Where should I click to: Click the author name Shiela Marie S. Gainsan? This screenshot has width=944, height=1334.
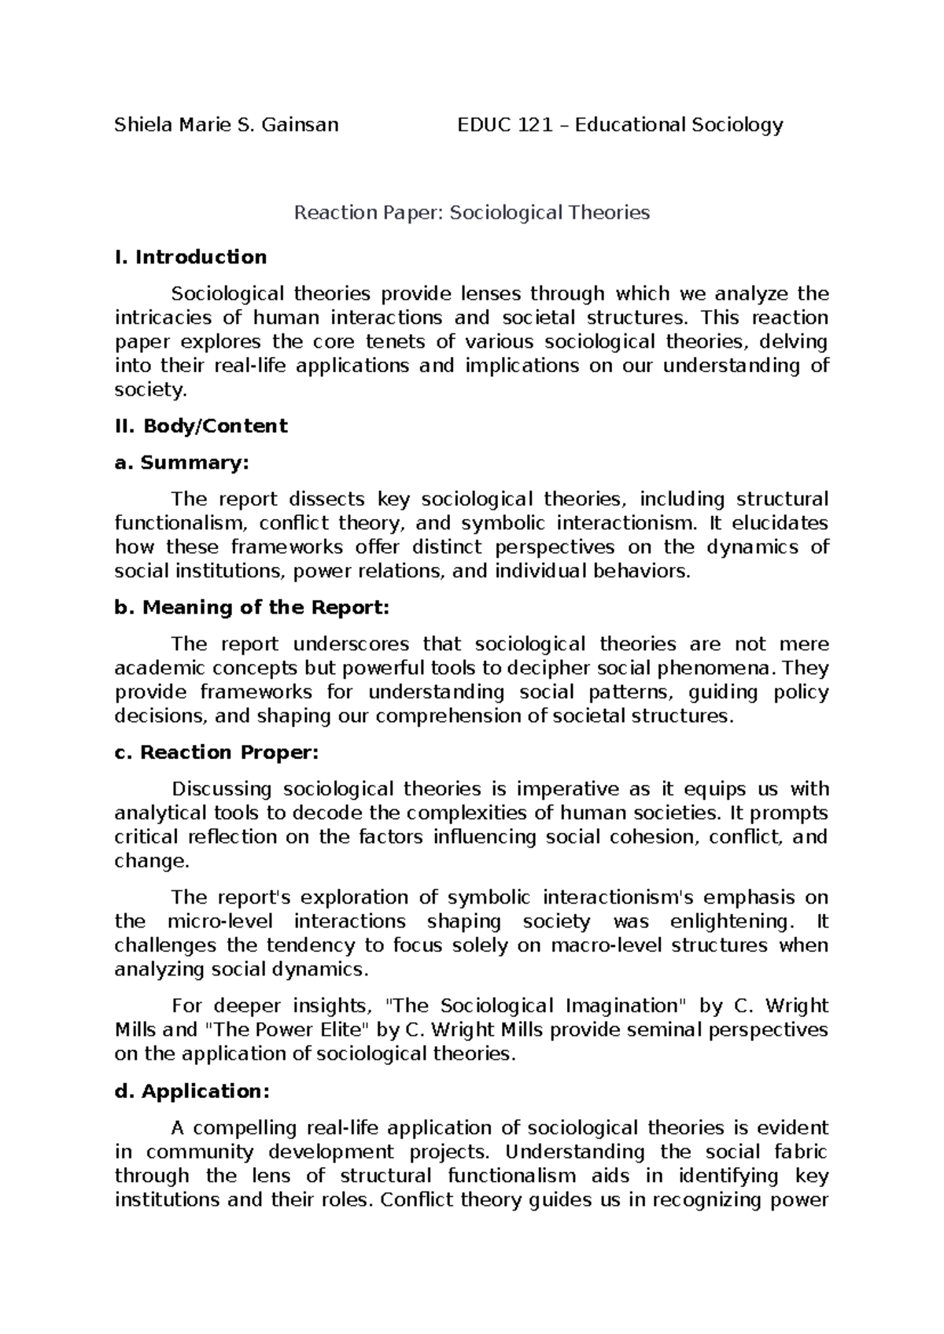tap(227, 124)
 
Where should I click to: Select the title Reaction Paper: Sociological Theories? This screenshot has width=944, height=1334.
tap(471, 212)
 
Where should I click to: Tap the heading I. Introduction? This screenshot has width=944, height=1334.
tap(191, 257)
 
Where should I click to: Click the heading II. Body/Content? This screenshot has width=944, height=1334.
tap(201, 426)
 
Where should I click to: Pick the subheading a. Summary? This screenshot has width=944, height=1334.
tap(182, 462)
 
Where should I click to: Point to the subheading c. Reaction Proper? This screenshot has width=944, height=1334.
tap(217, 753)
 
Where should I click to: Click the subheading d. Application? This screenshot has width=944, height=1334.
tap(193, 1092)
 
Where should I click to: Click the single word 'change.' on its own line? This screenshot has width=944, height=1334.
tap(152, 861)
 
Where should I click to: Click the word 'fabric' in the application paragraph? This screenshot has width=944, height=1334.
tap(800, 1152)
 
